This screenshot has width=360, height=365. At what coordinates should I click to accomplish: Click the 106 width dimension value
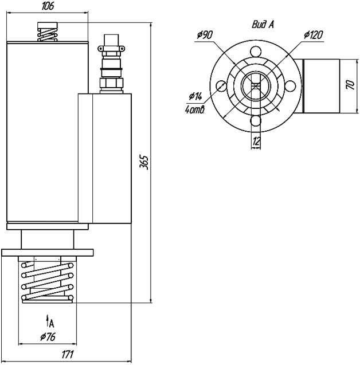pos(48,6)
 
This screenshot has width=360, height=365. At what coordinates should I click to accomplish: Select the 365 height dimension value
pos(144,162)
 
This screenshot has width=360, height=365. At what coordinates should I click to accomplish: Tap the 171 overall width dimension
pos(68,354)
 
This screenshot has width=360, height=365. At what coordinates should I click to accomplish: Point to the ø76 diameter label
pos(48,336)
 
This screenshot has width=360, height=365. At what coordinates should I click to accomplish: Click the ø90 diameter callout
pos(205,35)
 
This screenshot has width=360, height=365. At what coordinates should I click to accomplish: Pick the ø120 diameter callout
pos(313,35)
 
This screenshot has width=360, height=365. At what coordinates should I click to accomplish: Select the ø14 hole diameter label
pos(195,96)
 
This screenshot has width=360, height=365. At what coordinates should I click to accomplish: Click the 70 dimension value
pos(351,85)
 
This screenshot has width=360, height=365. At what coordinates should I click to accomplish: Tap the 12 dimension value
pos(256,141)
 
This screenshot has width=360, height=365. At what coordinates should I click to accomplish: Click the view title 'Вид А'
pos(263,25)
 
